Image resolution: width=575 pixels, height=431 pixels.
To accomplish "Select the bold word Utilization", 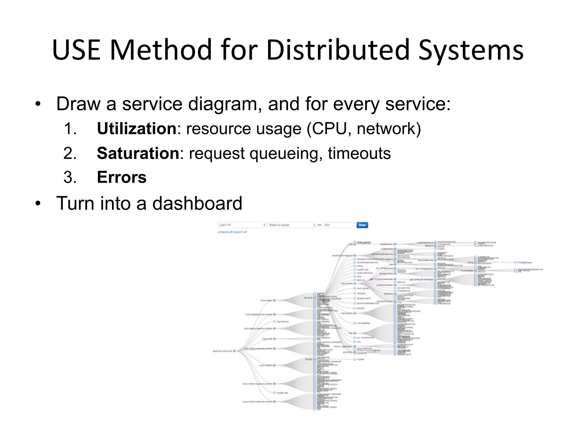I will [136, 129].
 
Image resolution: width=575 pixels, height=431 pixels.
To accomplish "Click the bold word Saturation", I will [138, 153].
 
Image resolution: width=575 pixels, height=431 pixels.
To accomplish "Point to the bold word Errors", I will [122, 177].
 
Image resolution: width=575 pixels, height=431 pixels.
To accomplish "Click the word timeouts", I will [359, 153].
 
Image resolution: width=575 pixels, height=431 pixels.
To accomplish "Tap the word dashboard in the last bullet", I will [197, 203].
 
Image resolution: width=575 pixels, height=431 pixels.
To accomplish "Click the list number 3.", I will [70, 177].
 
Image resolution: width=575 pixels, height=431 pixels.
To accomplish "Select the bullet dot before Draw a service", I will [38, 104].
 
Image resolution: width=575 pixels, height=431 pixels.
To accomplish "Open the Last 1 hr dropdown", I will [242, 225].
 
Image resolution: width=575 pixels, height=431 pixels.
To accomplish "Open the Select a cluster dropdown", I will [292, 225].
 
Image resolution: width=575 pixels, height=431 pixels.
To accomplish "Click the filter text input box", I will [339, 225].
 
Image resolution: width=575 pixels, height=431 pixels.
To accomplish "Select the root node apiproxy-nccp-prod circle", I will [234, 351].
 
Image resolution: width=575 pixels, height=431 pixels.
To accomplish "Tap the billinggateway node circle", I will [515, 263].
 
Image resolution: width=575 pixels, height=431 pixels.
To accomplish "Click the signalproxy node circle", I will [274, 322].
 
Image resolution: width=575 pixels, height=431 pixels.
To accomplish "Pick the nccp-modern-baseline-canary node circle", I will [274, 402].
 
